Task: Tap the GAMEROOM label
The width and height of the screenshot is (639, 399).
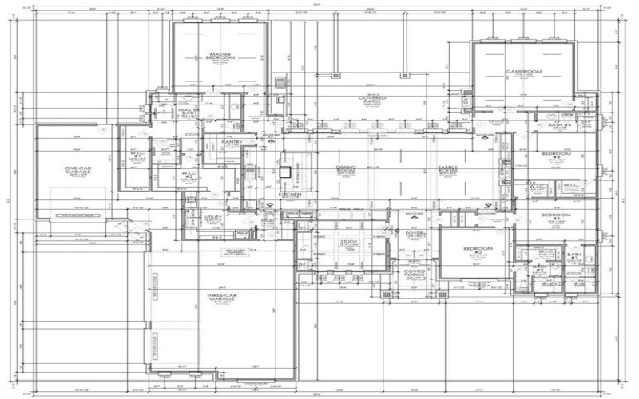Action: (523, 72)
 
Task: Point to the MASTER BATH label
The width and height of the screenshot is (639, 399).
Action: (189, 113)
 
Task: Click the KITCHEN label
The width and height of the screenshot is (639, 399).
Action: (289, 194)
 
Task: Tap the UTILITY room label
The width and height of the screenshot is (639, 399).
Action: (213, 218)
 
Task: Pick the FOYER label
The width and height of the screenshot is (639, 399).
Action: (414, 233)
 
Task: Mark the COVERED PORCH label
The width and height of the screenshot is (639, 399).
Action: (414, 273)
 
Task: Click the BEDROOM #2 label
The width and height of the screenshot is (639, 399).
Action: (478, 251)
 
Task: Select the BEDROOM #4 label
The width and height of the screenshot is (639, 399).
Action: (556, 155)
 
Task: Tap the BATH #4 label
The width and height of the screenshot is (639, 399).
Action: (559, 125)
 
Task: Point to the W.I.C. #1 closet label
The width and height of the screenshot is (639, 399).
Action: (136, 154)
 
